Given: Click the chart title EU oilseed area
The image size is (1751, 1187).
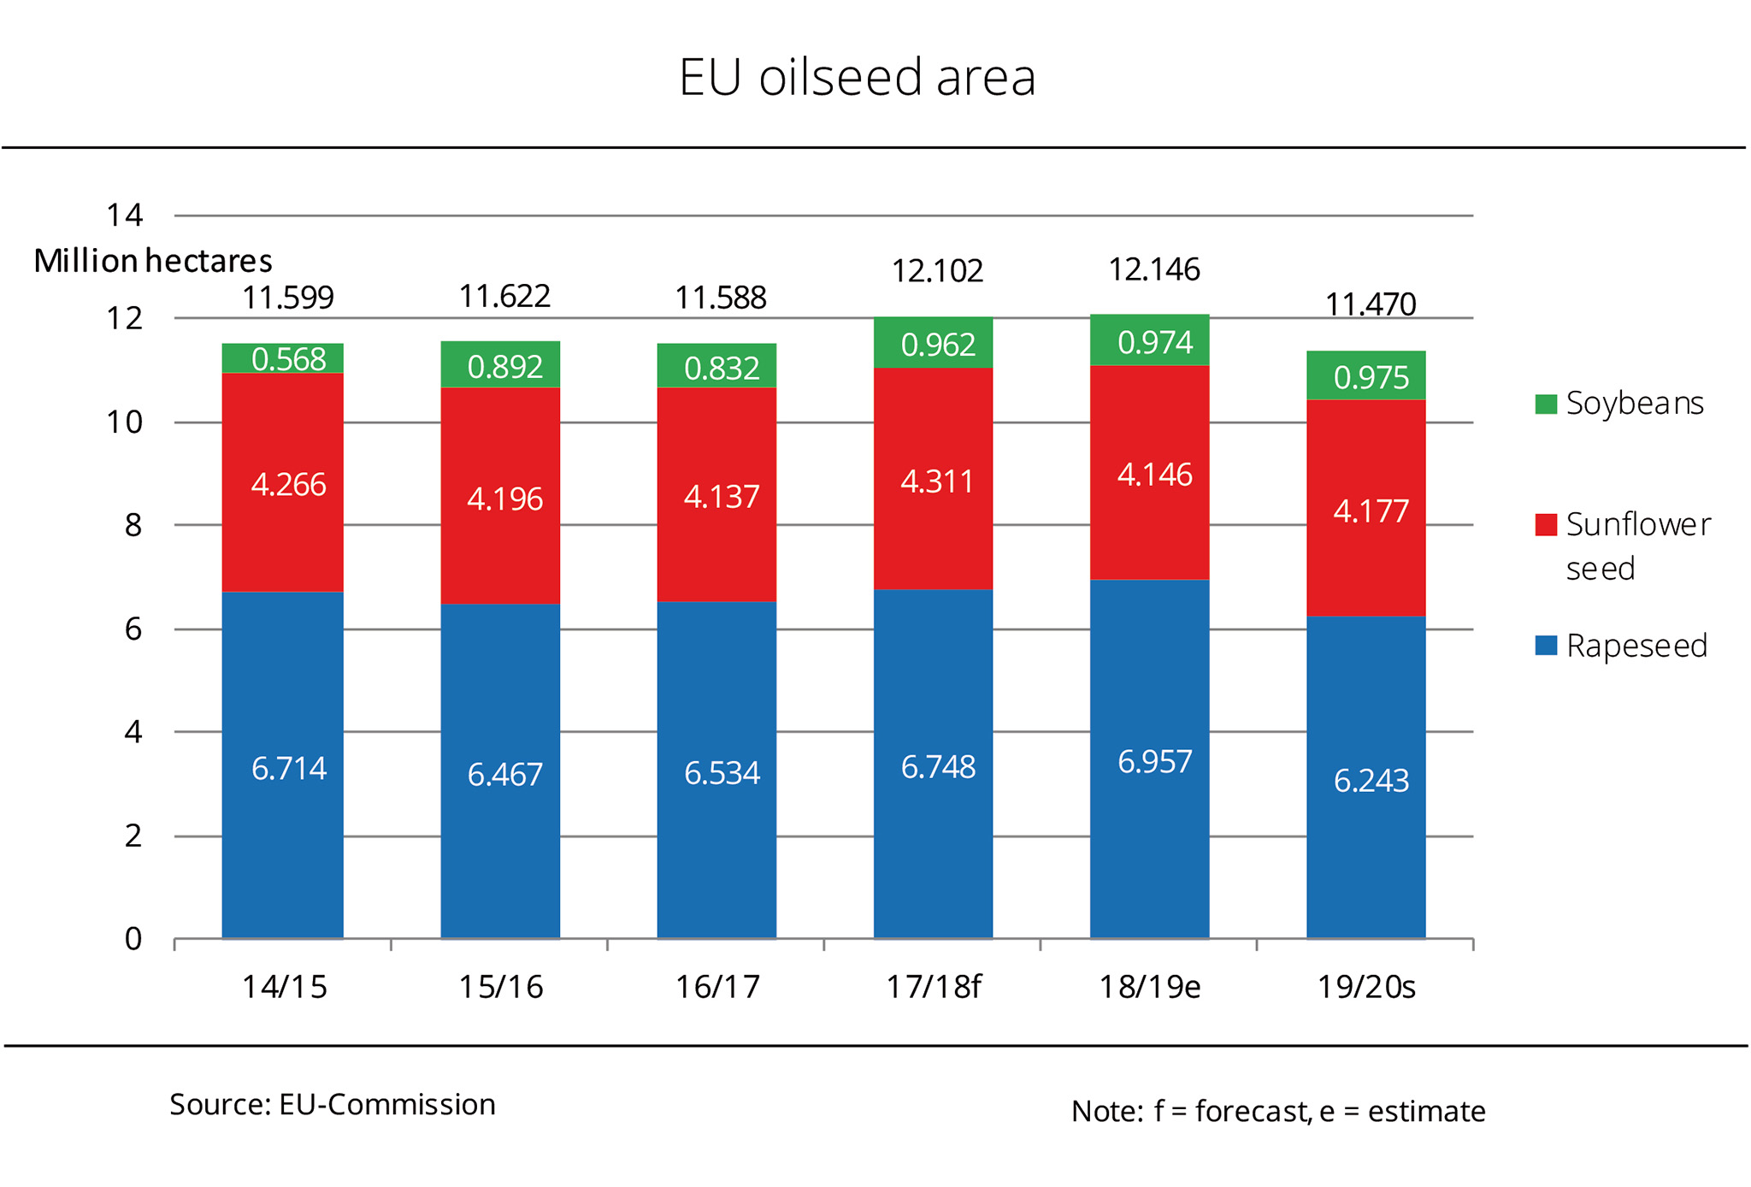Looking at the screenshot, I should pos(857,77).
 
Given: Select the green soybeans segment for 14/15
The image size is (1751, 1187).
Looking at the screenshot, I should pos(283,358).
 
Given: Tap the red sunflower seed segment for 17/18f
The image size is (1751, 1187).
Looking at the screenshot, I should pos(933,479).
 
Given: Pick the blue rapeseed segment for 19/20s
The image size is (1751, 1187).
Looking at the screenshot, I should pos(1365,777).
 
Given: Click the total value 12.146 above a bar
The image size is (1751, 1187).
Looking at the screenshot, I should pos(1153,270).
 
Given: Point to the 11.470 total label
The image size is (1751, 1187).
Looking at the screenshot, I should pos(1370,304).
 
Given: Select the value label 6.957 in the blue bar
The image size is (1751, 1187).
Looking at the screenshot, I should pos(1154,761).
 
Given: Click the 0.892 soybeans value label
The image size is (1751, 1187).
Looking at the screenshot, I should pos(504,367).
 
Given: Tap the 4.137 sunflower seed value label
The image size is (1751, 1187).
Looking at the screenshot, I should pos(721,497).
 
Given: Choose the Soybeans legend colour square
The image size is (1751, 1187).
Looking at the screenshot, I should pos(1546,404).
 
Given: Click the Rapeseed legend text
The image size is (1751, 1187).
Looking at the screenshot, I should pos(1636,646).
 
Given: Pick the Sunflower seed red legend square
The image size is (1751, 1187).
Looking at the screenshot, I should pos(1546,524).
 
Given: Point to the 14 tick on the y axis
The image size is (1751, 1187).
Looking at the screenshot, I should pos(125,215).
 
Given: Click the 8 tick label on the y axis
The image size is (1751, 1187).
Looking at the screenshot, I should pos(133,525).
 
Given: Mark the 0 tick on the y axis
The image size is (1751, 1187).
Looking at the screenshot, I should pos(133,939).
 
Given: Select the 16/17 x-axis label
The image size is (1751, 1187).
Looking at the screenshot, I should pos(717,987).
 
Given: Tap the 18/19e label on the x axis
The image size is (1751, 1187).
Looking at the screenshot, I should pos(1149,987).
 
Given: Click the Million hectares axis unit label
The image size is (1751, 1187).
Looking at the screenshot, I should pos(153,261).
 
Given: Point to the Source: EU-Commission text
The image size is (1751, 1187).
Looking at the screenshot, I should pos(333,1104).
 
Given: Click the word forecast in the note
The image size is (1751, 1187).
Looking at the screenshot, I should pos(1251,1111).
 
